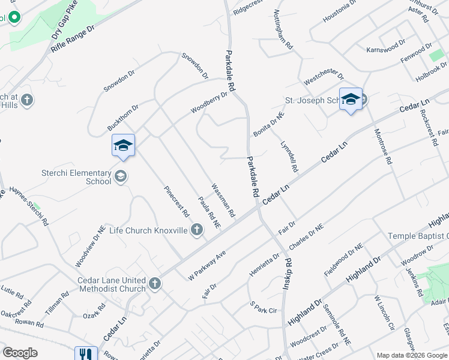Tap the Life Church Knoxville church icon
196,230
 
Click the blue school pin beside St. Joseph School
351,100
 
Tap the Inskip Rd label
288,274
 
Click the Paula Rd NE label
209,213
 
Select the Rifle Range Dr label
73,38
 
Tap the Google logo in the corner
20,353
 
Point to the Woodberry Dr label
209,102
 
